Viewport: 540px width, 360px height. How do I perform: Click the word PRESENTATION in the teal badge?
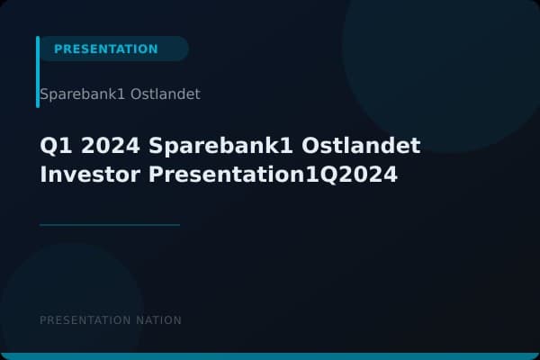point(105,49)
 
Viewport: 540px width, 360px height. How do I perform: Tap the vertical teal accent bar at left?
point(38,72)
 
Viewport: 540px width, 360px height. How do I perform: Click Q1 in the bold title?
point(53,146)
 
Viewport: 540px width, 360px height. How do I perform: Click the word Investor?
point(91,174)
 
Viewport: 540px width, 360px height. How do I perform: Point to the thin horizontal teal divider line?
point(110,225)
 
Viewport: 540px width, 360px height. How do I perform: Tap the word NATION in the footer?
point(159,320)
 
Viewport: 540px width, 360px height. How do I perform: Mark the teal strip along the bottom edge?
point(270,356)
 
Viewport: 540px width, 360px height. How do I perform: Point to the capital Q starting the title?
point(48,146)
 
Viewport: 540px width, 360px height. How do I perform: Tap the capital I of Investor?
point(44,174)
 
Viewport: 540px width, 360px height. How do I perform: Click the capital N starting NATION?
point(140,320)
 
